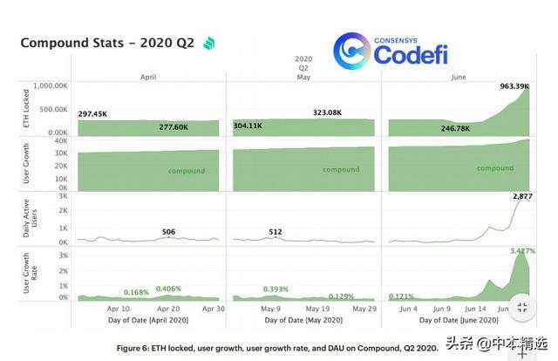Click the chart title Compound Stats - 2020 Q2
pyautogui.click(x=106, y=43)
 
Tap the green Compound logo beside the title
pyautogui.click(x=209, y=44)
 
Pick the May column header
pyautogui.click(x=304, y=78)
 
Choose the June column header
pyautogui.click(x=458, y=78)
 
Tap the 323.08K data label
pyautogui.click(x=331, y=113)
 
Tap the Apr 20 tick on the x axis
pyautogui.click(x=169, y=309)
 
